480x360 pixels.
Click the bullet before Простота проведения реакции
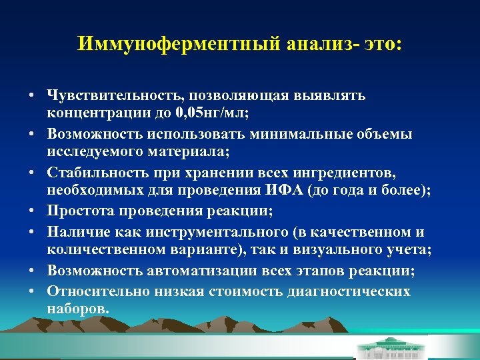(x=32, y=212)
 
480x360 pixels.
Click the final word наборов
(x=77, y=310)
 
